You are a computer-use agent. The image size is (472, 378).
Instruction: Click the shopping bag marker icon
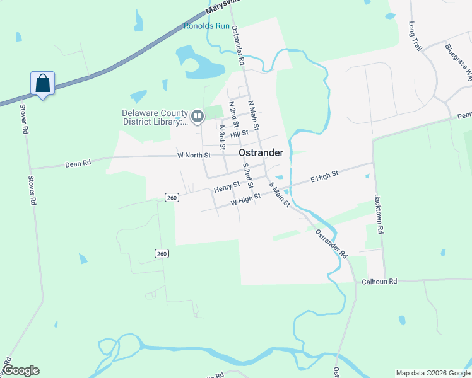[x=42, y=84]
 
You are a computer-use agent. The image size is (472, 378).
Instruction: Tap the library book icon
[x=198, y=115]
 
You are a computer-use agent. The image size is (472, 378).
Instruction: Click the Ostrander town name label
[x=261, y=152]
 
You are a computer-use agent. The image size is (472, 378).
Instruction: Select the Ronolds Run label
[x=207, y=26]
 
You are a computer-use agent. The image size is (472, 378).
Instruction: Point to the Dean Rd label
[x=78, y=163]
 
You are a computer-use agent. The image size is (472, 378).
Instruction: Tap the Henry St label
[x=227, y=187]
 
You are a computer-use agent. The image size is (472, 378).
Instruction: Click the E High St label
[x=324, y=176]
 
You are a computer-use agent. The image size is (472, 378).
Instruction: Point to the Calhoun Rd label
[x=379, y=282]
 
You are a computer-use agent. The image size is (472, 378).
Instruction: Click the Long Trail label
[x=415, y=36]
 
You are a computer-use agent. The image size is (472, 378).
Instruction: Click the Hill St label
[x=240, y=134]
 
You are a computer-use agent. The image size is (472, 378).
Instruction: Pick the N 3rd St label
[x=222, y=136]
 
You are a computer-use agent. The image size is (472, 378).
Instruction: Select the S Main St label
[x=279, y=194]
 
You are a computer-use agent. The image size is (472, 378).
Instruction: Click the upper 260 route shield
[x=171, y=197]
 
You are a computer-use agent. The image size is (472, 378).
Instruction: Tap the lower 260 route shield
[x=162, y=253]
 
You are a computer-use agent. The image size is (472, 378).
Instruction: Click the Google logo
[x=20, y=370]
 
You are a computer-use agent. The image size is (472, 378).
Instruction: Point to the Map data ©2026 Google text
[x=433, y=373]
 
